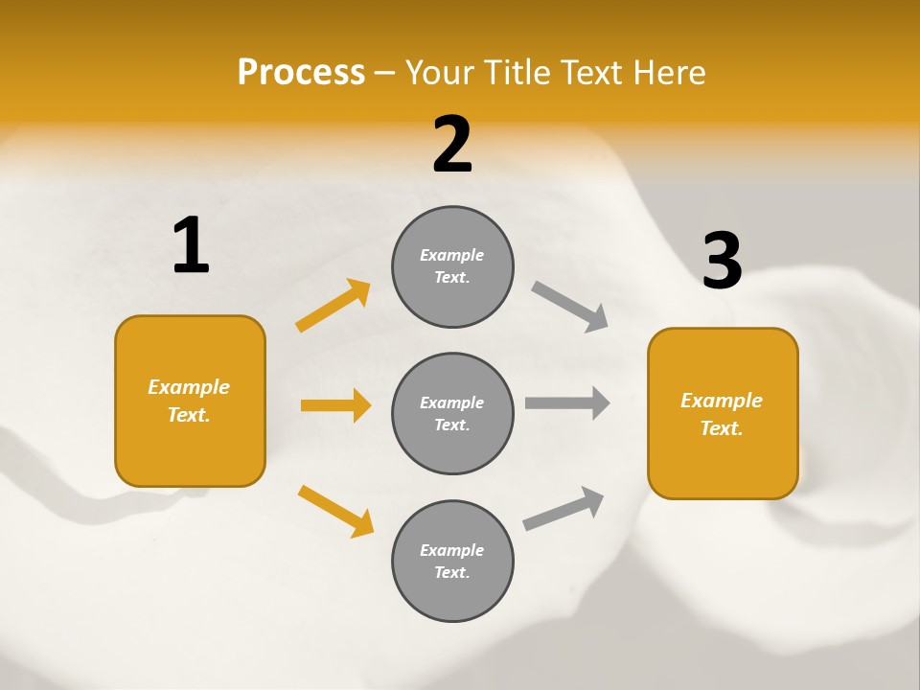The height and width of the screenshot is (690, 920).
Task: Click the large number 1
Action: click(x=191, y=246)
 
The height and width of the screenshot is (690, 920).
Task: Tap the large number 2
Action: click(x=452, y=145)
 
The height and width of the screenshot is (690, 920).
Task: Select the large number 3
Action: click(x=722, y=262)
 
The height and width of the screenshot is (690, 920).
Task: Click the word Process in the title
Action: click(x=301, y=72)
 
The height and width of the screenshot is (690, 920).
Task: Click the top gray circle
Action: click(x=452, y=266)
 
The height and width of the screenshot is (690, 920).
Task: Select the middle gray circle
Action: click(x=452, y=413)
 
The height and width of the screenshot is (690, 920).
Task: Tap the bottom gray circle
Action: click(x=452, y=561)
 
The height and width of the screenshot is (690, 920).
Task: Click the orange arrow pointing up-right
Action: click(x=333, y=306)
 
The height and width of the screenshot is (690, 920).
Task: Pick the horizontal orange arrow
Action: click(x=335, y=405)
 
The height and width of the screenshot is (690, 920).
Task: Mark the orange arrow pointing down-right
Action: click(x=335, y=511)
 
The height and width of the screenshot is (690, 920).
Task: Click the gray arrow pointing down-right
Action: click(x=570, y=307)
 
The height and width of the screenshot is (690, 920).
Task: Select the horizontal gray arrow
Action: click(x=567, y=402)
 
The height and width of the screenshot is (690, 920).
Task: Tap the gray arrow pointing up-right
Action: click(x=564, y=509)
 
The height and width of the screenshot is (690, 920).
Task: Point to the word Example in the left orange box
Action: click(x=189, y=387)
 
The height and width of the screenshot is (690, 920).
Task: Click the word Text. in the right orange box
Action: click(x=722, y=428)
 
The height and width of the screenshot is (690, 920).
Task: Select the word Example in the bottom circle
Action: click(x=451, y=550)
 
